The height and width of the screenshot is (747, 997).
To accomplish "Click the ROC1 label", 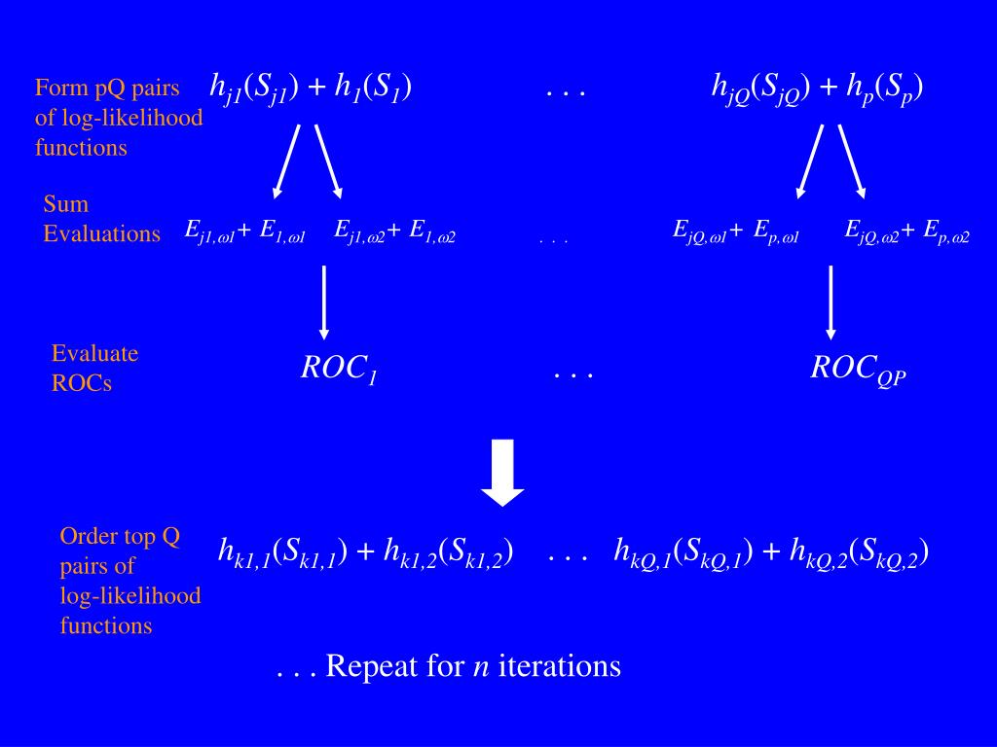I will pos(339,369).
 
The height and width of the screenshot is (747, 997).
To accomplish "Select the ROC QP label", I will pos(858,369).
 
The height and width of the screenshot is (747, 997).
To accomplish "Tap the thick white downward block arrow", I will pos(503,473).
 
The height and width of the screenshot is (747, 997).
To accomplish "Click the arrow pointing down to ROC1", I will pos(323,302).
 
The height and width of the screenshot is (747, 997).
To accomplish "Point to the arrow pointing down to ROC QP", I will pos(831,302).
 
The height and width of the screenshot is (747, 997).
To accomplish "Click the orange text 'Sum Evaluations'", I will pos(101,219).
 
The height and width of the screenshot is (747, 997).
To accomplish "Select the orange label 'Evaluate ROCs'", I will pos(94,368).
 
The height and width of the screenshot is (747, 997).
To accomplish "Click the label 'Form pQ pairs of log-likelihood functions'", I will pos(119,118).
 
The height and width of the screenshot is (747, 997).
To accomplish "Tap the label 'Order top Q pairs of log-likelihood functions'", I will pos(129,581).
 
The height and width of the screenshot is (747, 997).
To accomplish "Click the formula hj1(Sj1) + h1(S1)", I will pos(311,88).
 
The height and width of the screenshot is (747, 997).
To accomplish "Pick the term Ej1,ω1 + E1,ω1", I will pos(245,231).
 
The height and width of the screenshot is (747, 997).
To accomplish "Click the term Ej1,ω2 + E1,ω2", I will pos(395,231).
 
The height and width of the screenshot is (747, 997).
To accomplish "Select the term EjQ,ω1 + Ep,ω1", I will pos(735,231).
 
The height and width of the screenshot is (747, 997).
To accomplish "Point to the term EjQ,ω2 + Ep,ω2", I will pos(906,231).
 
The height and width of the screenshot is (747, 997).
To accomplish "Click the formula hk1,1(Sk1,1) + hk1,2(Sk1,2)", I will pos(366,552).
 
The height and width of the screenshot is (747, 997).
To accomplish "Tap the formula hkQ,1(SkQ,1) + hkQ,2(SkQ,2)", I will pos(770,552).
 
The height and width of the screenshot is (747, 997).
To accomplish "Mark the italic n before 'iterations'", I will pos(480,668).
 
